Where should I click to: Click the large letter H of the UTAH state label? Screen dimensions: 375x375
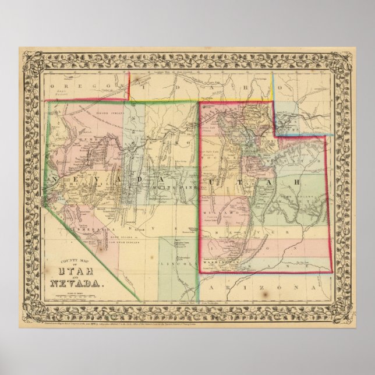pyautogui.click(x=295, y=182)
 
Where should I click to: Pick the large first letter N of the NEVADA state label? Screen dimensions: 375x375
pyautogui.click(x=58, y=176)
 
